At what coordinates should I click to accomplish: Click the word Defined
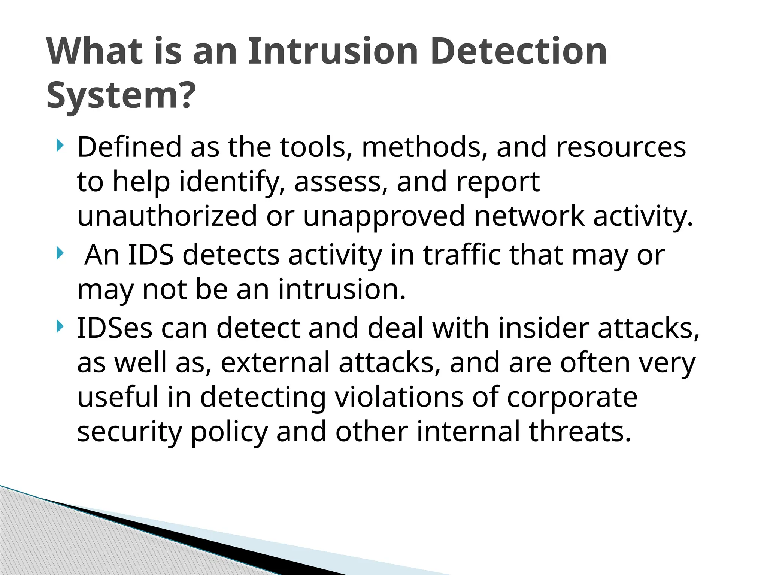tap(129, 147)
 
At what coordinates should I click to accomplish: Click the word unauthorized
tap(167, 216)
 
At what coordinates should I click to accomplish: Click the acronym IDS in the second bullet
tap(151, 255)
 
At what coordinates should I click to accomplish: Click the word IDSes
tap(115, 328)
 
